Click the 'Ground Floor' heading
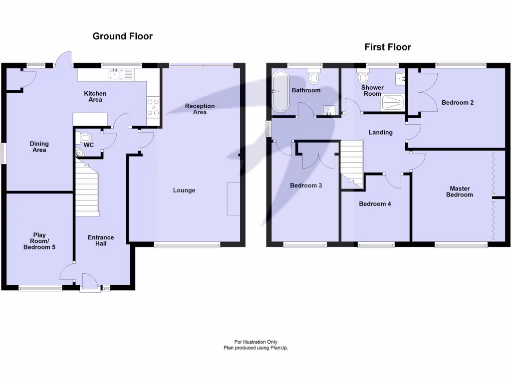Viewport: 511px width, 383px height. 122,36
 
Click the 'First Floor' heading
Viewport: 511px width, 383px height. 387,47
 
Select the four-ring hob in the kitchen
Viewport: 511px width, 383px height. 153,106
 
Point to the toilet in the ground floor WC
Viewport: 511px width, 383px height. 85,138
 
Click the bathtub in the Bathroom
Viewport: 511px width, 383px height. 280,91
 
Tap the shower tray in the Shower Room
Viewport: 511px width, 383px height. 392,103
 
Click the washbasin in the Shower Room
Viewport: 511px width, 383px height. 400,78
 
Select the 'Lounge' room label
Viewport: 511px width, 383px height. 184,190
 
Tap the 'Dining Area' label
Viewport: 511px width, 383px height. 39,147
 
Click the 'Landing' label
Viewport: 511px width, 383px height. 380,133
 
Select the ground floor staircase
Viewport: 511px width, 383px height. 87,187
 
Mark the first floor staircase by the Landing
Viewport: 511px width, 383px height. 352,162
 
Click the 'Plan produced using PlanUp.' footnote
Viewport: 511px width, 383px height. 255,348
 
